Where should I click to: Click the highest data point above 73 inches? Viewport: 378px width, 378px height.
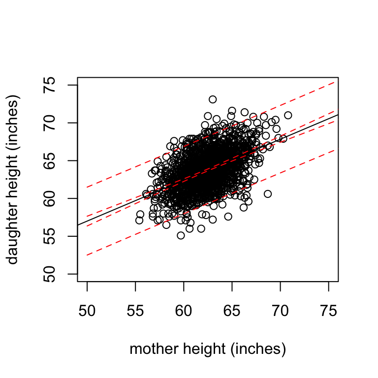(213, 99)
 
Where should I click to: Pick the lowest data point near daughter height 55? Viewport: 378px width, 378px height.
(181, 235)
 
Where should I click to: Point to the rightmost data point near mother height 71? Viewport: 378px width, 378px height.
(288, 115)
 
